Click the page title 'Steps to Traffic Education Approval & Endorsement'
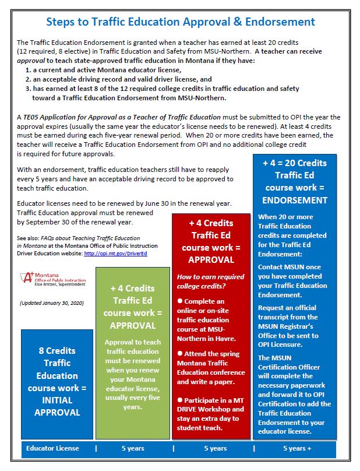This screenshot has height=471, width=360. pyautogui.click(x=180, y=22)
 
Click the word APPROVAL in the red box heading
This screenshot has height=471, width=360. pyautogui.click(x=211, y=260)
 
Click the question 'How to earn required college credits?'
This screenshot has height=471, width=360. pyautogui.click(x=210, y=281)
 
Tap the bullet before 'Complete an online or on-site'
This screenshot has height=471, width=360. pyautogui.click(x=180, y=300)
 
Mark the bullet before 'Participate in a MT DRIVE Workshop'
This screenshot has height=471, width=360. pyautogui.click(x=180, y=399)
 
